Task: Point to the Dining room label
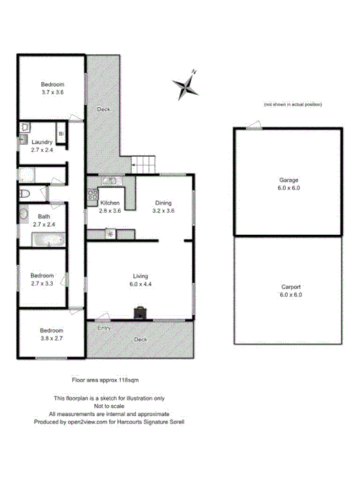[x=162, y=203]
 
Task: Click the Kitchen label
[x=111, y=203]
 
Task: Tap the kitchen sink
[x=111, y=181]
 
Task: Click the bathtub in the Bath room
[x=48, y=240]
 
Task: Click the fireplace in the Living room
[x=140, y=313]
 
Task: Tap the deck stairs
[x=143, y=164]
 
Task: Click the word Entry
[x=104, y=328]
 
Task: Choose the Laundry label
[x=42, y=142]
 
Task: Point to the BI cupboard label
[x=60, y=133]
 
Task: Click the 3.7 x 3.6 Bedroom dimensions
[x=52, y=91]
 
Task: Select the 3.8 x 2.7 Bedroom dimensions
[x=52, y=339]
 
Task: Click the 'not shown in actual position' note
[x=292, y=104]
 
